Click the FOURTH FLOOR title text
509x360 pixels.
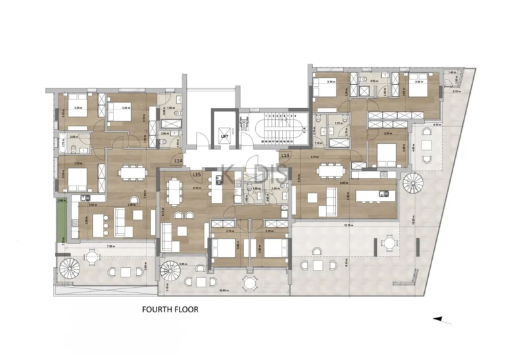point(171,309)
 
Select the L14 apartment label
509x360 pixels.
point(178,160)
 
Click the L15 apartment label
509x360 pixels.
point(196,174)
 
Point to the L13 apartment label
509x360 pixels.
point(285,155)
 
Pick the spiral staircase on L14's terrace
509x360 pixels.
point(69,269)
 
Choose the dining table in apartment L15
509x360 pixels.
point(174,193)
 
